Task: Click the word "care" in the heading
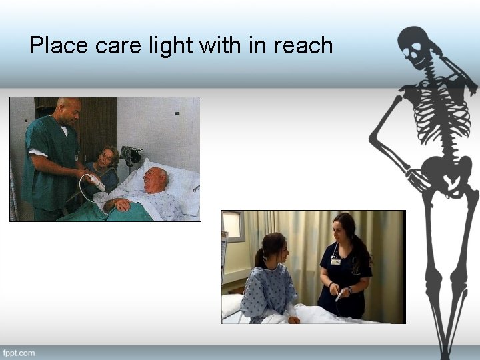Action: click(118, 45)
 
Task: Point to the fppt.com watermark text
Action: click(19, 352)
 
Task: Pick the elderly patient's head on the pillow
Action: click(157, 178)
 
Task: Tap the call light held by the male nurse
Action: click(95, 181)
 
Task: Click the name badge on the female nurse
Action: click(335, 261)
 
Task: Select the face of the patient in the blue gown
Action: click(281, 250)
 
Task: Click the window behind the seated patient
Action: click(233, 227)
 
